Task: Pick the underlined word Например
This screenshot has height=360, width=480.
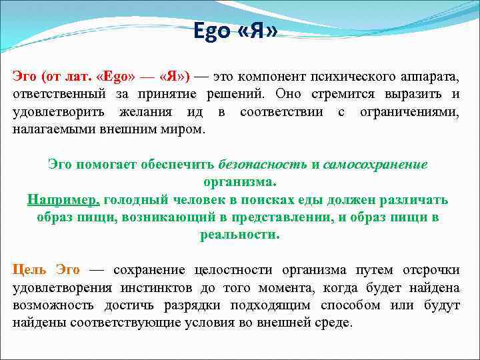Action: [64, 199]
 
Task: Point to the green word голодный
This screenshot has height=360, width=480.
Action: [134, 199]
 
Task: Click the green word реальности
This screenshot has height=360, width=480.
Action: [239, 235]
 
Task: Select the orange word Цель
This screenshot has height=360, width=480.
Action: [29, 270]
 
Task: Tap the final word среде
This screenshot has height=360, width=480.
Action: [335, 323]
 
